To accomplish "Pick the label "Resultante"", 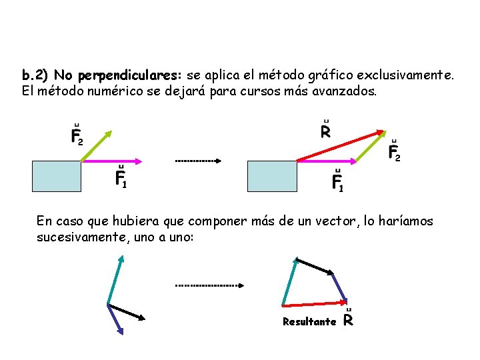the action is point(309,322).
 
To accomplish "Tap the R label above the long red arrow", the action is point(325,131).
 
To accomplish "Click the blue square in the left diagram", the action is point(56,177).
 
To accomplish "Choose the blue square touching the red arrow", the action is point(272,177).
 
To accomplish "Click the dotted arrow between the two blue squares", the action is point(198,161).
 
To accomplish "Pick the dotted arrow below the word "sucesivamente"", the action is point(209,285).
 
